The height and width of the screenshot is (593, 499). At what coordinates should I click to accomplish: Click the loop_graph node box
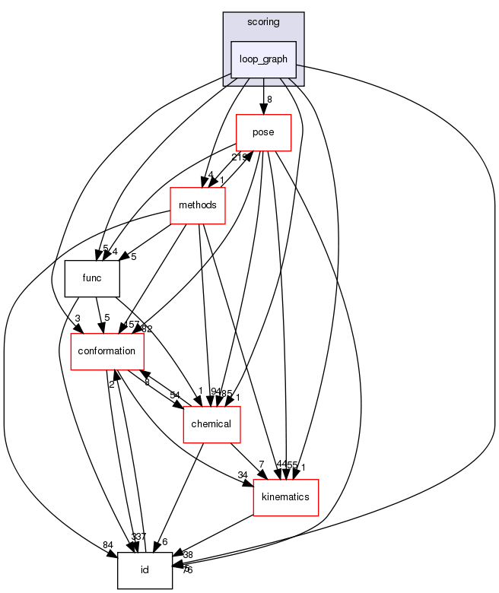tap(263, 59)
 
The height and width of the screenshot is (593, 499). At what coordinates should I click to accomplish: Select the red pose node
tap(264, 132)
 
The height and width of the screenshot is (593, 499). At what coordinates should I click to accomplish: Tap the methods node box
tap(198, 205)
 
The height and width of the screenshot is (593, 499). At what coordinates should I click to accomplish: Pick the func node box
tap(93, 278)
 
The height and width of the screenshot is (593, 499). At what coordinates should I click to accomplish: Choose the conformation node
tap(108, 350)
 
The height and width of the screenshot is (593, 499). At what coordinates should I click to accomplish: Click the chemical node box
tap(212, 423)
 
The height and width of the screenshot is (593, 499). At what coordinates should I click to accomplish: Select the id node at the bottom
tap(145, 570)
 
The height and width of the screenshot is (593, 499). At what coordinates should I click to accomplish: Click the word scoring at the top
tap(263, 22)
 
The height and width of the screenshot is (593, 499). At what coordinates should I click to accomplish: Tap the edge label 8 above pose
tap(269, 98)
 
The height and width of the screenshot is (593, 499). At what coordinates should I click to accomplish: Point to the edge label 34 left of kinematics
tap(242, 476)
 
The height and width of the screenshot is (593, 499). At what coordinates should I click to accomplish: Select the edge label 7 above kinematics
tap(261, 465)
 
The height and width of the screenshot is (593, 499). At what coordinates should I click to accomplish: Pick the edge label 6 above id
tap(164, 541)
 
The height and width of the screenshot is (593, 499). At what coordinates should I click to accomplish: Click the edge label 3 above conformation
tap(78, 319)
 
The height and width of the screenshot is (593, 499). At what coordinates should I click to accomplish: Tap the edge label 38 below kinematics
tap(189, 556)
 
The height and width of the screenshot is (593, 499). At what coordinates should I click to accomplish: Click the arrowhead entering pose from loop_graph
tap(263, 109)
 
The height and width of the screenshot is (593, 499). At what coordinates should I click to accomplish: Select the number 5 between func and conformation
tap(107, 319)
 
